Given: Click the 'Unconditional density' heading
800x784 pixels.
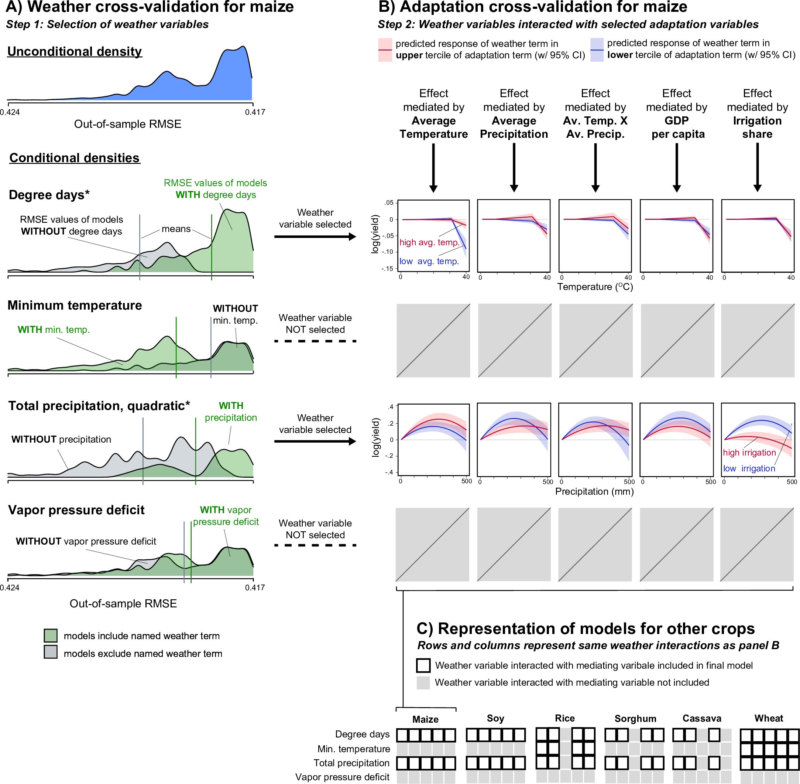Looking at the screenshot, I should pos(75,51).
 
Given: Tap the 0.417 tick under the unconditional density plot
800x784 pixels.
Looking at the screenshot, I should pos(255,112).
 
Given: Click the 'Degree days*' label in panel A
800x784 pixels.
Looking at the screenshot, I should pos(49,195).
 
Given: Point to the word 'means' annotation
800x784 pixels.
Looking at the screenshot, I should pos(176,229).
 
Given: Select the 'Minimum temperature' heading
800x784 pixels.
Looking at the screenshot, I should pos(75,306).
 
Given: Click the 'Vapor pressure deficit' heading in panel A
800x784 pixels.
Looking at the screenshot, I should pos(76,510).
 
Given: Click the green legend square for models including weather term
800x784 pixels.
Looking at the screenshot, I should pos(51,635).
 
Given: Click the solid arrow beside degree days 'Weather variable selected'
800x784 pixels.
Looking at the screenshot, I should pos(315,237).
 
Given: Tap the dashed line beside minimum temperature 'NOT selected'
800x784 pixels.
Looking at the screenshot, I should pos(315,341).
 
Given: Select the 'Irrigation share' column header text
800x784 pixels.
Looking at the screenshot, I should pos(757,127).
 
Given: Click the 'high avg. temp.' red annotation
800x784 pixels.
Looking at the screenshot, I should pos(429,242).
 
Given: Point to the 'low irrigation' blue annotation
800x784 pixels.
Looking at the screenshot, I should pos(749,468).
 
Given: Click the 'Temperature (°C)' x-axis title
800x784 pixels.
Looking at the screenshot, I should pos(595,287).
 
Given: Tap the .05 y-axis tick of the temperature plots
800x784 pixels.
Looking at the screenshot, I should pos(388,202).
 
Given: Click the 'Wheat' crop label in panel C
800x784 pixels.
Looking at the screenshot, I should pos(768,719).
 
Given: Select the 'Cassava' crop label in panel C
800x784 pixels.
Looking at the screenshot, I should pos(702,719).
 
